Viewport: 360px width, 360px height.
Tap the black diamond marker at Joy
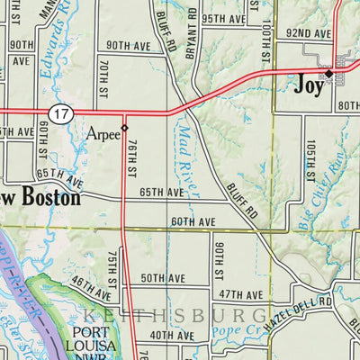(329, 73)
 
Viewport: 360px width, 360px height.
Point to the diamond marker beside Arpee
(125, 128)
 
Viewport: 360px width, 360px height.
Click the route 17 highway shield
(60, 113)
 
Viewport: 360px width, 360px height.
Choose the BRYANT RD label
(191, 41)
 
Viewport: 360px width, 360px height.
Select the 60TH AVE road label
(193, 222)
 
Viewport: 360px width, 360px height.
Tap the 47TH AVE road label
(240, 295)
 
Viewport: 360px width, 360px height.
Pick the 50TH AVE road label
(162, 279)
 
